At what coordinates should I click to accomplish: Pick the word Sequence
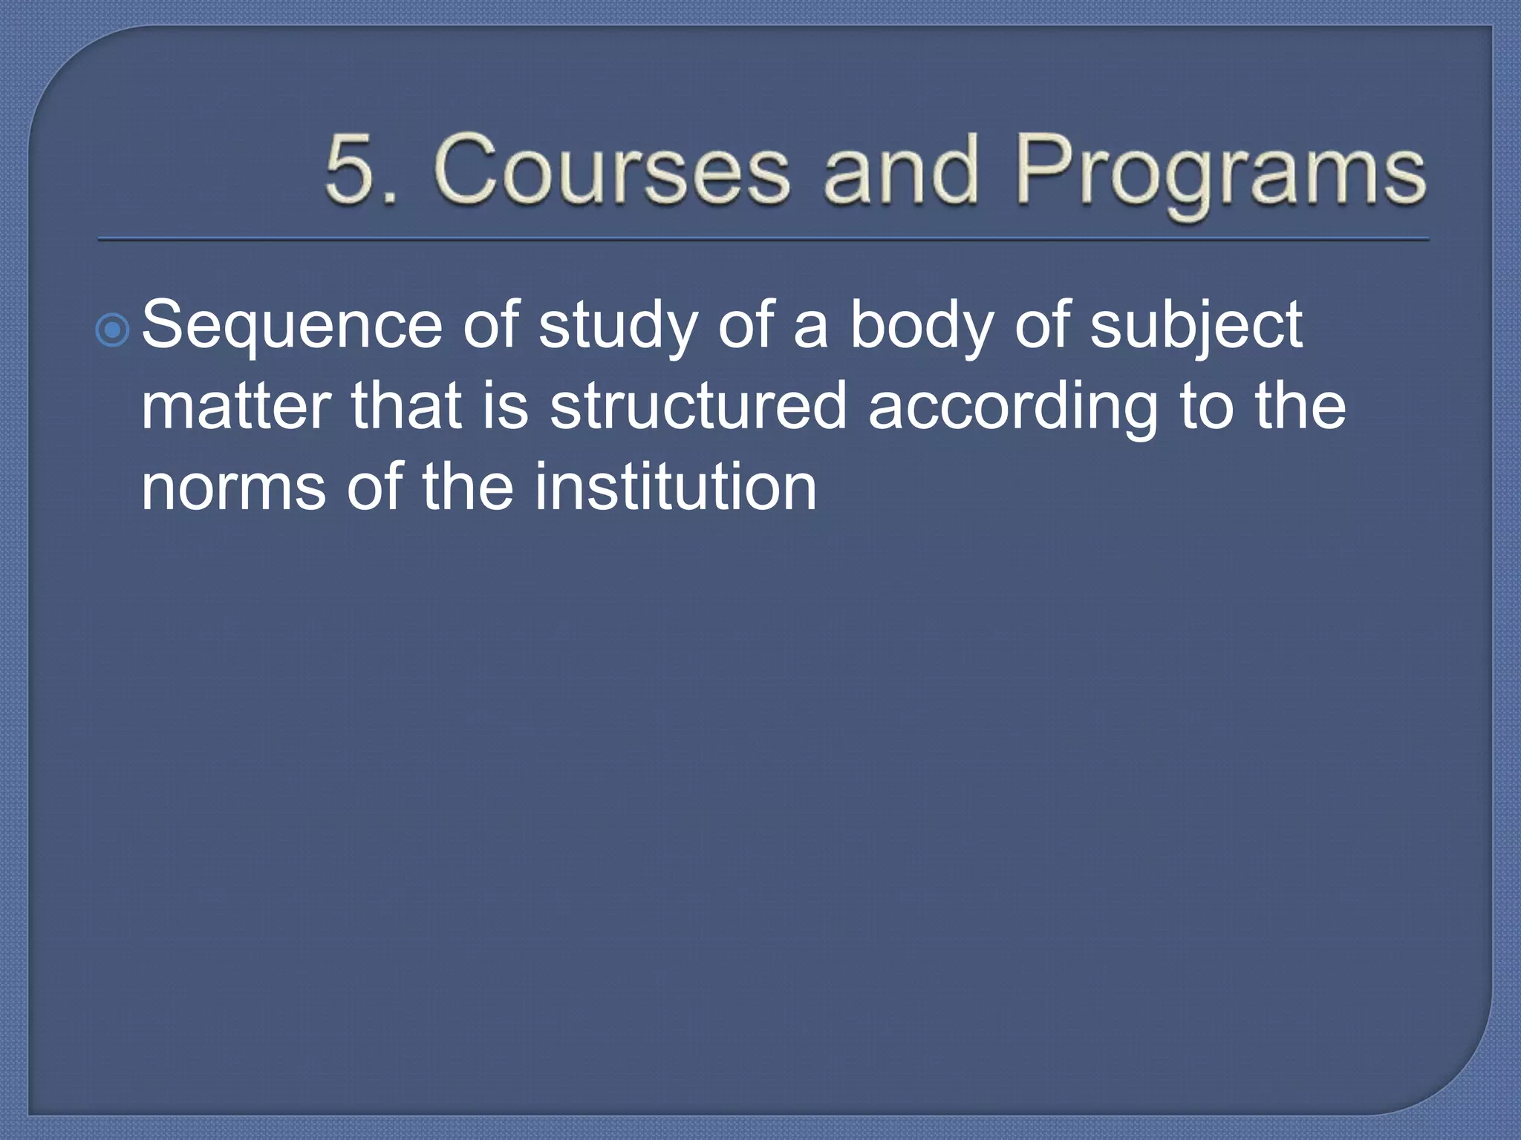click(x=292, y=327)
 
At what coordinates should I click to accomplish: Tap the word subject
click(x=1196, y=327)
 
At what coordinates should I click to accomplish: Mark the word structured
click(x=698, y=406)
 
